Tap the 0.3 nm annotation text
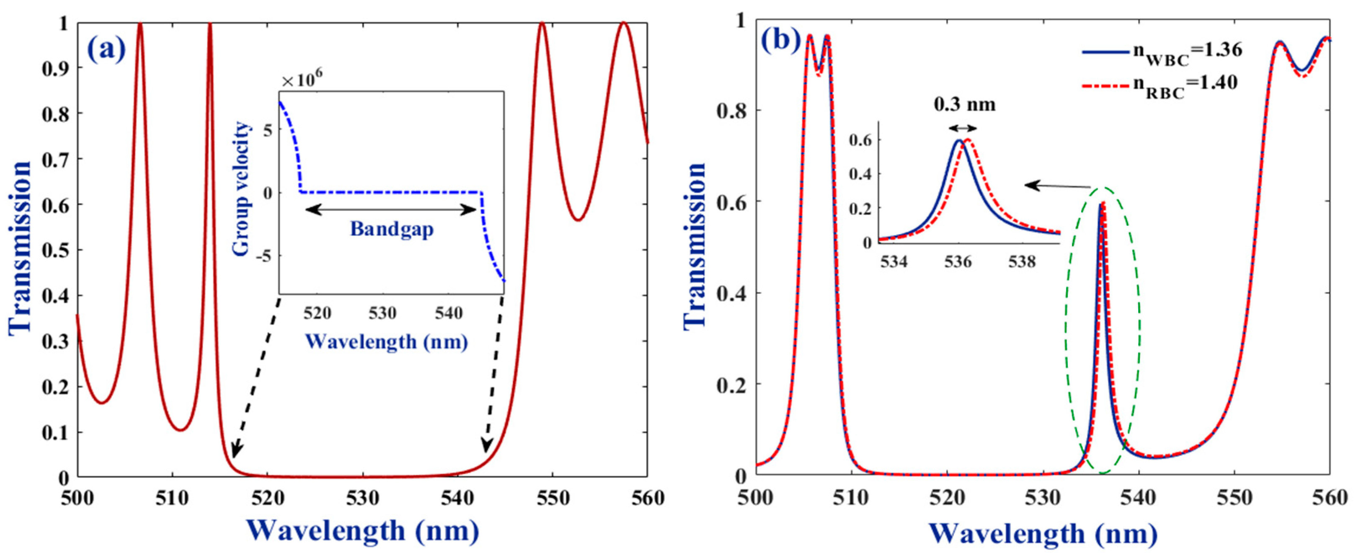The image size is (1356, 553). (x=964, y=104)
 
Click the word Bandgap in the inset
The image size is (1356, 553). (x=392, y=229)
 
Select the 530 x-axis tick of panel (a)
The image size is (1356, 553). (x=362, y=498)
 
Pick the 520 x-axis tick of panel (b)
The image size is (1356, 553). (x=948, y=498)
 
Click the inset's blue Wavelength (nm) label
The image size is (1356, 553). (x=386, y=342)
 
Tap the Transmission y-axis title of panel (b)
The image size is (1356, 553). (x=695, y=246)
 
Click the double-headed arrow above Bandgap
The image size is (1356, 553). (x=391, y=209)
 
